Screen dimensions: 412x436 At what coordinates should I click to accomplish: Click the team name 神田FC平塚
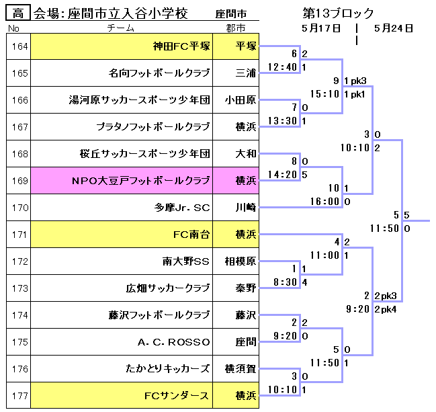coord(181,46)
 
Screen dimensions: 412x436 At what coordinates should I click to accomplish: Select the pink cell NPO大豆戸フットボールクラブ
coord(141,181)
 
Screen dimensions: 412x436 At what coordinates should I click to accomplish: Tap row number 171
coord(20,235)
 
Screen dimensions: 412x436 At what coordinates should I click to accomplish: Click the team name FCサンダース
coord(177,395)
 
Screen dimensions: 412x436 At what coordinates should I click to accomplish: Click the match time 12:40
coord(282,67)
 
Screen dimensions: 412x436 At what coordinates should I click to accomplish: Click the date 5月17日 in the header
coord(321,28)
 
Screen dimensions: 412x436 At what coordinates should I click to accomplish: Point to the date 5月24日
coord(394,28)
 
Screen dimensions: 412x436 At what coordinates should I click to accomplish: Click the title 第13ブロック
coord(338,13)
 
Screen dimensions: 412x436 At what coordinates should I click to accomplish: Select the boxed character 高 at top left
coord(18,13)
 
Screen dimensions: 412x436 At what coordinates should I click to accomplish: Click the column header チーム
coord(121,28)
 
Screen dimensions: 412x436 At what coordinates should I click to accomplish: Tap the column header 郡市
coord(236,28)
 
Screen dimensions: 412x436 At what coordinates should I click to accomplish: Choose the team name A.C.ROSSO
coord(174,341)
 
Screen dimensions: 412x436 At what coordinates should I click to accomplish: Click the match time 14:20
coord(282,174)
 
